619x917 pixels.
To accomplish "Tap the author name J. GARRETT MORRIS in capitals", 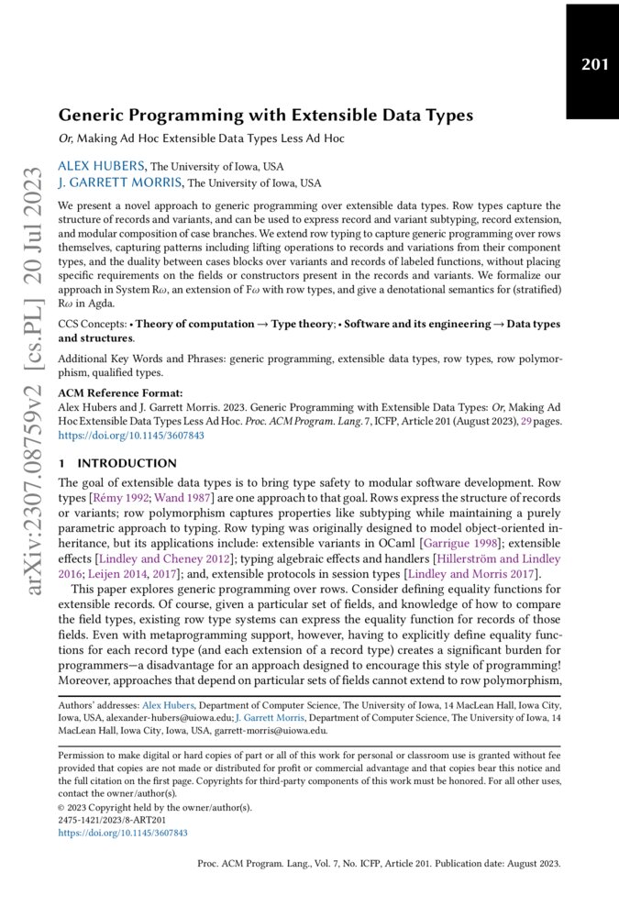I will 120,182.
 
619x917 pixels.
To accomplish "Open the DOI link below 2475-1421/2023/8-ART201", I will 123,833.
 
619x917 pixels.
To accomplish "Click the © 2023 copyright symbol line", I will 153,808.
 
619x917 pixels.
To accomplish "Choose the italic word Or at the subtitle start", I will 65,138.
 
